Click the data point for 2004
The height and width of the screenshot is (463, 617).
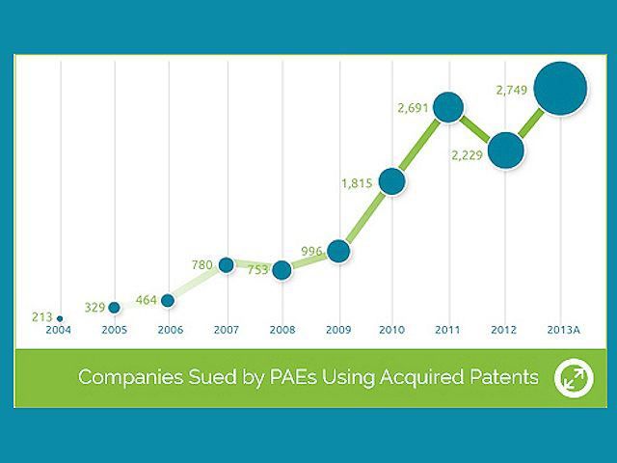click(x=60, y=317)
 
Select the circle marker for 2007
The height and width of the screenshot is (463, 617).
click(x=226, y=264)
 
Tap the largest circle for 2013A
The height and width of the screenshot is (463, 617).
click(x=560, y=89)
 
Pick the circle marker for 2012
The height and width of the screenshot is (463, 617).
click(x=505, y=150)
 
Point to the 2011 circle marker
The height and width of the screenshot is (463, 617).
click(x=448, y=107)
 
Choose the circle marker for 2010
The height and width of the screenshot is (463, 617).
click(x=391, y=179)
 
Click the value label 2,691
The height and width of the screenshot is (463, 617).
click(x=412, y=108)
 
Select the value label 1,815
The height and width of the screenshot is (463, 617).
click(x=357, y=180)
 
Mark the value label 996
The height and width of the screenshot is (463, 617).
click(x=311, y=251)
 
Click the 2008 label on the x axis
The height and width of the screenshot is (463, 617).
click(x=282, y=329)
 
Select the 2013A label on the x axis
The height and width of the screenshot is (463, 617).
click(x=562, y=329)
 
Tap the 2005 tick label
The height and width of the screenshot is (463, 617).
click(x=114, y=329)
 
